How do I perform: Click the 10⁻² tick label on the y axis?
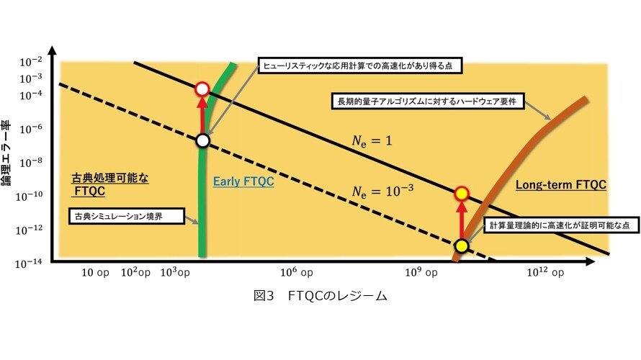[x=31, y=62]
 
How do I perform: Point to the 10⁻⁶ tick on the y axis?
[x=31, y=129]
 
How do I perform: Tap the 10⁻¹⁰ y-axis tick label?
[x=29, y=197]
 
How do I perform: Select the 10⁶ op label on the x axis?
[x=297, y=272]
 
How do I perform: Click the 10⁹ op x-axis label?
[x=421, y=272]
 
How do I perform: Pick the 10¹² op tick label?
[x=545, y=272]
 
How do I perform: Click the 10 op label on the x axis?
[x=95, y=273]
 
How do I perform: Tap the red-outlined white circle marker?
[x=202, y=89]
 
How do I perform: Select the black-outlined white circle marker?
[x=203, y=140]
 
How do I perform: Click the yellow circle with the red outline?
[x=462, y=193]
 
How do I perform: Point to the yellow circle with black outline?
[x=462, y=246]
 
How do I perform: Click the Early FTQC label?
[x=243, y=181]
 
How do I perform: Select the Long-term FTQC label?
[x=561, y=185]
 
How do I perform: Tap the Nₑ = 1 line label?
[x=372, y=141]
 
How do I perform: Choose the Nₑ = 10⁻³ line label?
[x=382, y=191]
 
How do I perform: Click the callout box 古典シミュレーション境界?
[x=126, y=216]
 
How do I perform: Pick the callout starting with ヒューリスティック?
[x=360, y=66]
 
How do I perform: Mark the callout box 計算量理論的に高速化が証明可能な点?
[x=561, y=225]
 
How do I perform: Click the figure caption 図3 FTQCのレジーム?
[x=320, y=295]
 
